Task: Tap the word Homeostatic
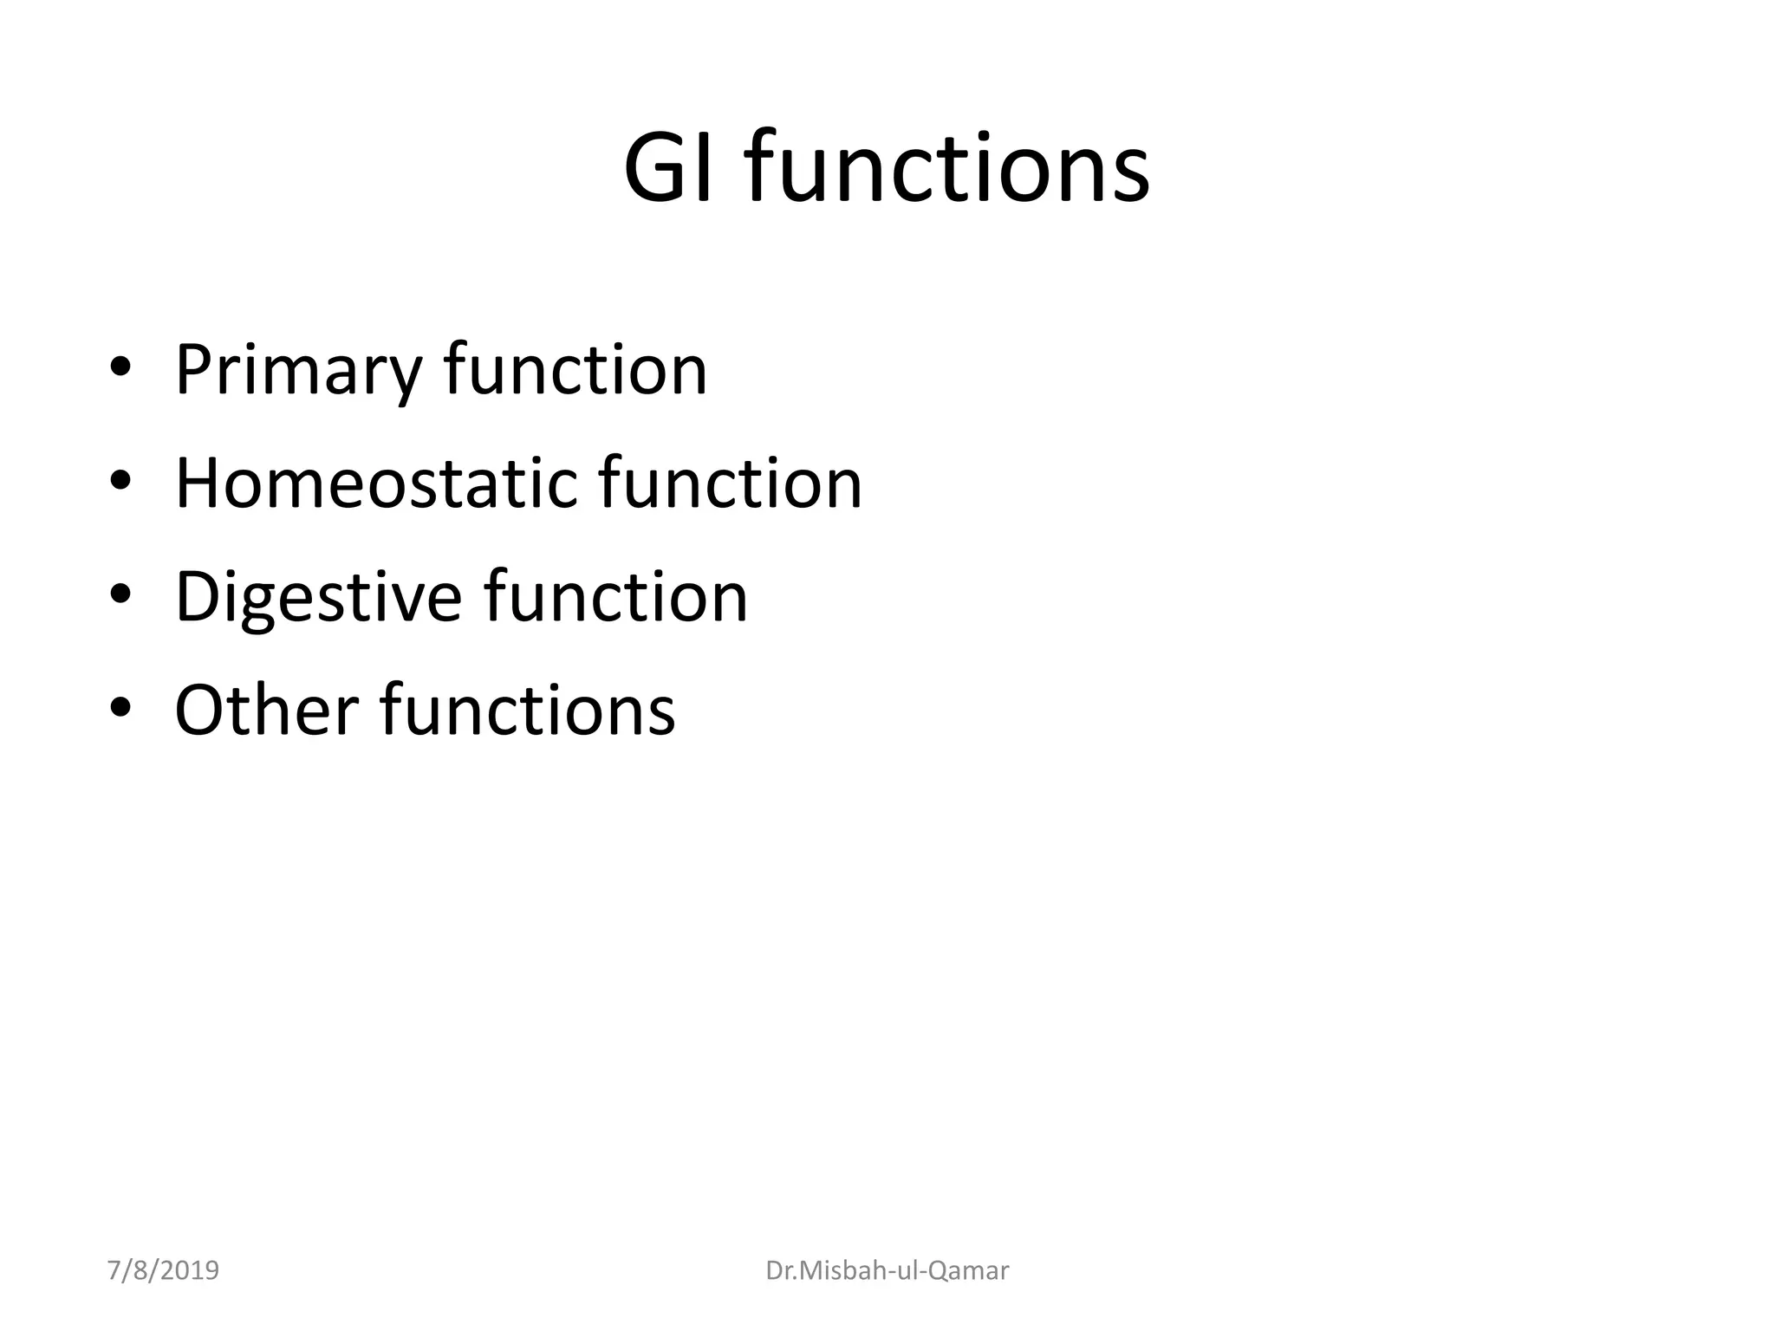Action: [375, 484]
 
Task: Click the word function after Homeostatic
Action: [731, 483]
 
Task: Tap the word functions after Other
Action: [528, 710]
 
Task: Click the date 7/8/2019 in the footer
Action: [163, 1270]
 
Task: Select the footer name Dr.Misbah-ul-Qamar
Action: [887, 1270]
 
